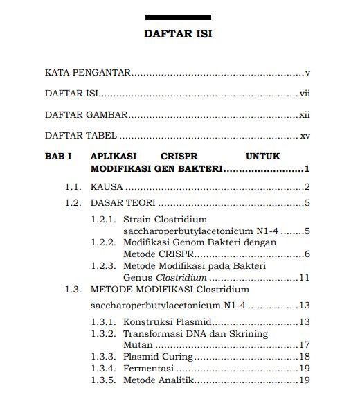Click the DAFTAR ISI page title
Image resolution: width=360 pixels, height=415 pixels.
[x=178, y=33]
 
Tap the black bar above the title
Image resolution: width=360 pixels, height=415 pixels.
[x=179, y=17]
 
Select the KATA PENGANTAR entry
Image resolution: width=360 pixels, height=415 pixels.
[x=88, y=72]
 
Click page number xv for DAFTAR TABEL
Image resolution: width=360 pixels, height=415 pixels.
[x=304, y=136]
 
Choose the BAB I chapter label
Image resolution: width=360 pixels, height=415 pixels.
[x=58, y=157]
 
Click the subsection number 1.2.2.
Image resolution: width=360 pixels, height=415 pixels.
[x=102, y=242]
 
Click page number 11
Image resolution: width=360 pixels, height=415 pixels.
[x=303, y=277]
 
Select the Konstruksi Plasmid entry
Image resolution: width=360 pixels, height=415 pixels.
[x=166, y=321]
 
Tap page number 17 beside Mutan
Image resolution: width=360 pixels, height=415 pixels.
[x=303, y=344]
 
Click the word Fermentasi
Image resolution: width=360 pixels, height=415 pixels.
[x=148, y=368]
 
